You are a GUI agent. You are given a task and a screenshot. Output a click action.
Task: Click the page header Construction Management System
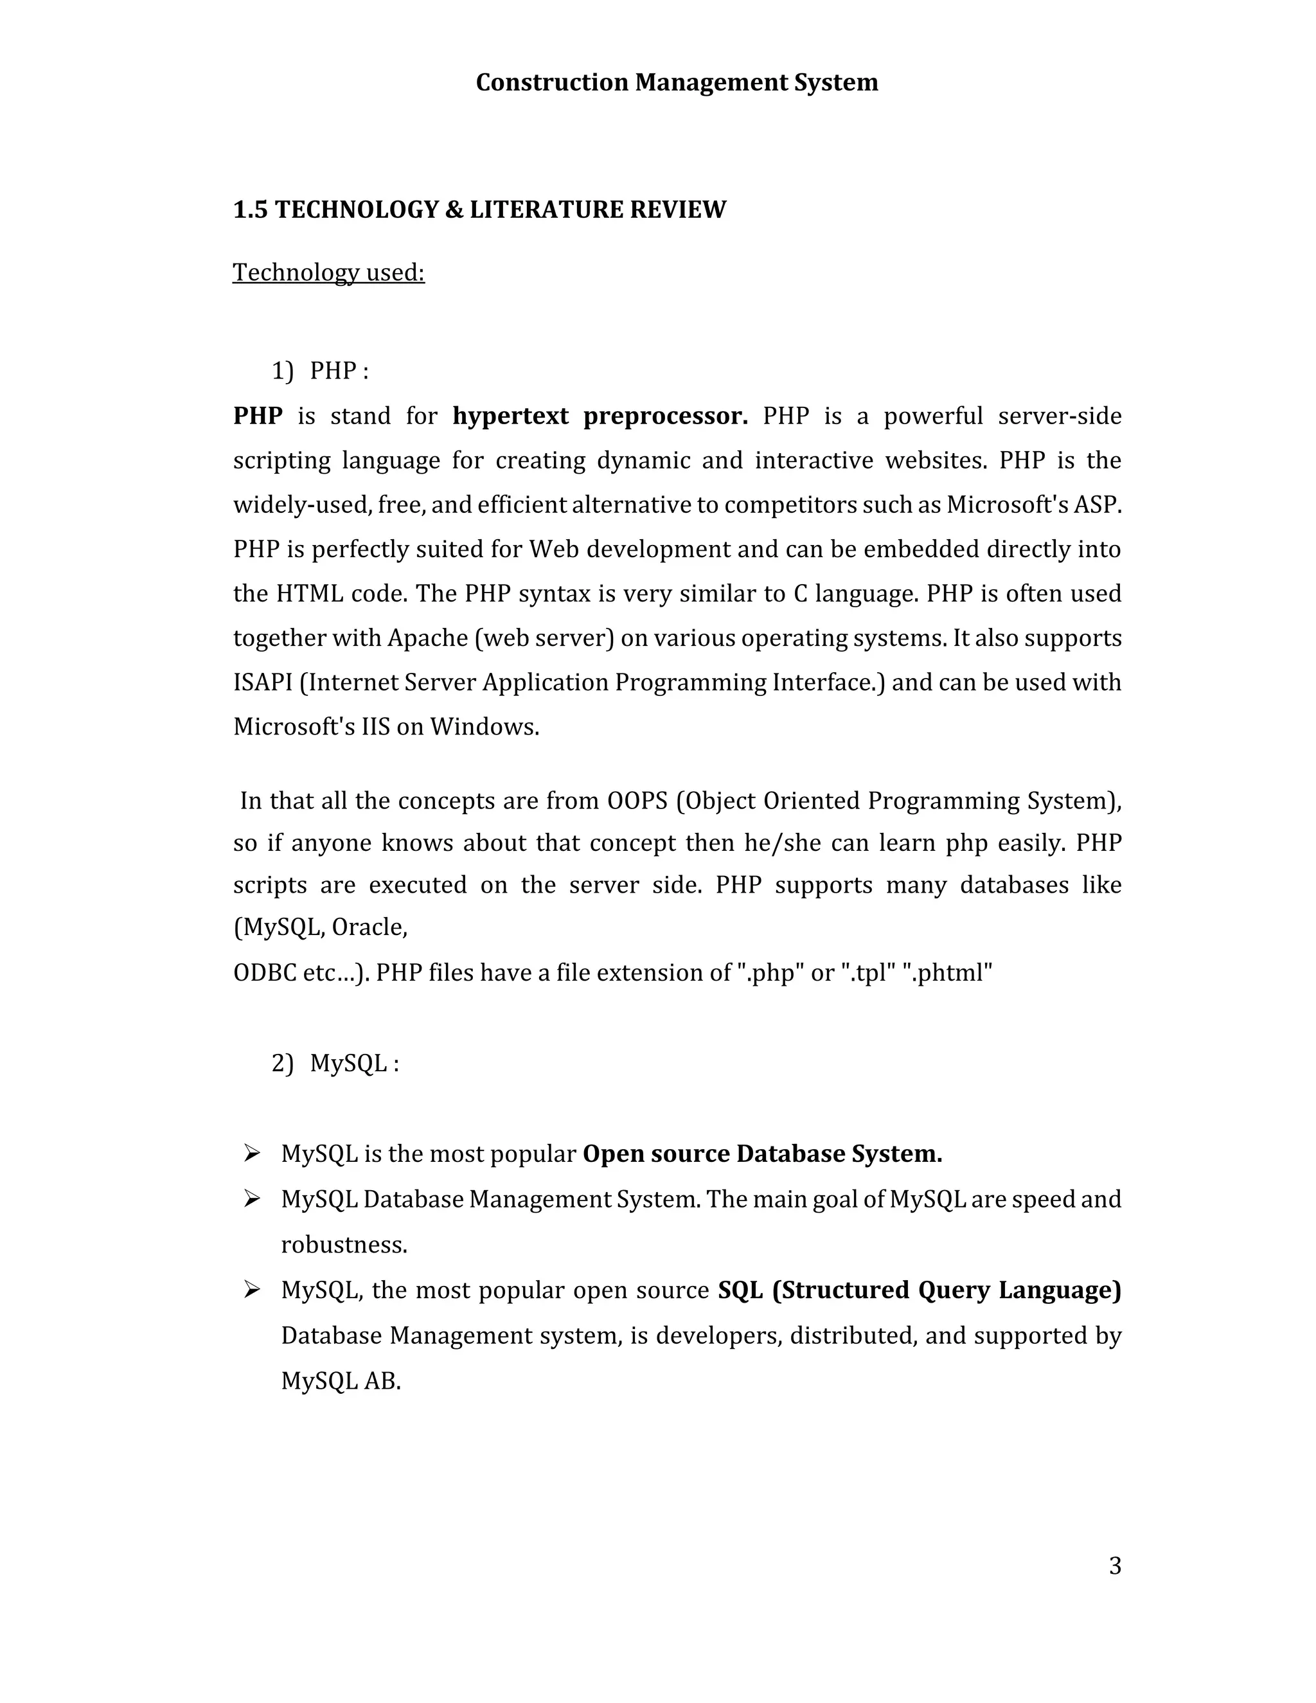point(676,83)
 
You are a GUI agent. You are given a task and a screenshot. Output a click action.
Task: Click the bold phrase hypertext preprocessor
point(600,416)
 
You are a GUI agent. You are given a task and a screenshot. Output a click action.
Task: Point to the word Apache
point(427,638)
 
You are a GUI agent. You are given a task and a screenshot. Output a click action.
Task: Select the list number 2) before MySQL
point(282,1063)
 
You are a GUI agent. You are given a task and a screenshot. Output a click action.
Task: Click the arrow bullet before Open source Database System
point(251,1154)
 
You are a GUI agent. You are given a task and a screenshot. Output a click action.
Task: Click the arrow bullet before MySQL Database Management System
point(251,1199)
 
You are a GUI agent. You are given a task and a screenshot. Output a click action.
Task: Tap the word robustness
point(344,1245)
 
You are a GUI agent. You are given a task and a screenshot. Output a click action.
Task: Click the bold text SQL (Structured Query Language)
point(919,1290)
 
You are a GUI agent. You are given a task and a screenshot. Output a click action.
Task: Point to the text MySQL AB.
point(341,1381)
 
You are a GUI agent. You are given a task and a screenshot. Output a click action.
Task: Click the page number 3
point(1115,1565)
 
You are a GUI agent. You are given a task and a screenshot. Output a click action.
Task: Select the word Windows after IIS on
point(483,727)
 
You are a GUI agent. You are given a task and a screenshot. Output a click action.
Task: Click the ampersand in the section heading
point(454,210)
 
